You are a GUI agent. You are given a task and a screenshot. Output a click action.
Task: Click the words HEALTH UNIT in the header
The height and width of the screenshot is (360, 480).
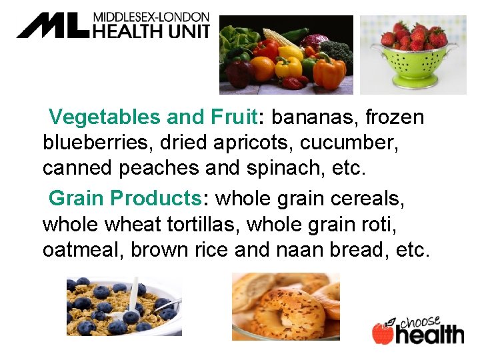[x=151, y=31]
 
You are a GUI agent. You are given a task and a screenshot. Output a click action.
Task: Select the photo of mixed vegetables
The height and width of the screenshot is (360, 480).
[x=286, y=55]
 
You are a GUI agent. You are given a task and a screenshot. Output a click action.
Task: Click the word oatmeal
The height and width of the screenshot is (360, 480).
[x=83, y=250]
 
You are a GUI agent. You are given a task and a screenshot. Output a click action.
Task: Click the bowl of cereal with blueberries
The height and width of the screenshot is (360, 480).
[x=124, y=306]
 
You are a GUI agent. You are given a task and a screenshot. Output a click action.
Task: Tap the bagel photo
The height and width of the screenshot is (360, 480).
[x=286, y=307]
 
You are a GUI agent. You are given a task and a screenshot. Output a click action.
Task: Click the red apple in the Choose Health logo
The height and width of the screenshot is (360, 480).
[x=383, y=333]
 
